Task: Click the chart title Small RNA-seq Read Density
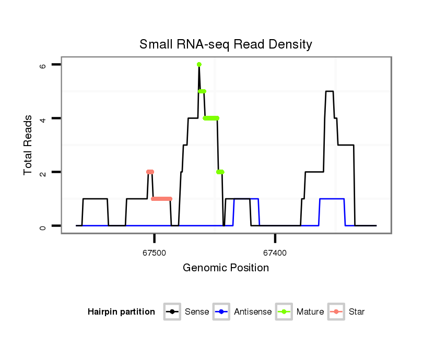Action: (x=226, y=44)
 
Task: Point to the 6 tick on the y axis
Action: (x=43, y=65)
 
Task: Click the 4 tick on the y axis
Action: (x=43, y=118)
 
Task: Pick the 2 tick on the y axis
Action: (x=43, y=172)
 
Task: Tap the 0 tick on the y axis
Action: (x=43, y=226)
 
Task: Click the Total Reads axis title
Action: (x=29, y=145)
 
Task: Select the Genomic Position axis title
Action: (x=226, y=268)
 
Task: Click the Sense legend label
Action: (x=197, y=312)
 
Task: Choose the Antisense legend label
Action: (x=253, y=312)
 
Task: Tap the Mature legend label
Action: (x=310, y=312)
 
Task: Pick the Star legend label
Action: (x=357, y=312)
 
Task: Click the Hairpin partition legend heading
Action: (x=121, y=312)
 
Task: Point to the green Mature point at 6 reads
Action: (x=199, y=65)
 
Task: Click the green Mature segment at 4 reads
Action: (x=211, y=118)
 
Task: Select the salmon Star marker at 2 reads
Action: (x=150, y=172)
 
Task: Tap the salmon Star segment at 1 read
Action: (x=161, y=199)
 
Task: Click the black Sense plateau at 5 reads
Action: (x=329, y=91)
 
